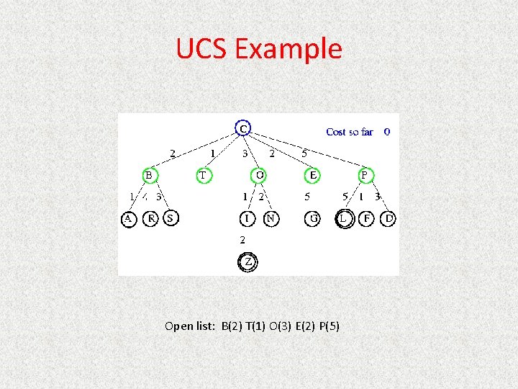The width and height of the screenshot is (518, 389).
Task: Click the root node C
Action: (x=244, y=129)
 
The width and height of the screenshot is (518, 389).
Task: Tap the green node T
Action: (x=204, y=175)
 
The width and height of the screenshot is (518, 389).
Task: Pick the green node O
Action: (x=260, y=175)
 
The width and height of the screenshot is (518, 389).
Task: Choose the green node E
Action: (x=313, y=175)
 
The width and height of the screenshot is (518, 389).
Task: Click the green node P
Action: (x=365, y=175)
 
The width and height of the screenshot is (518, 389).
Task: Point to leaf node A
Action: (x=129, y=218)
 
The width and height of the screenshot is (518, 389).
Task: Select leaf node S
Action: (x=171, y=218)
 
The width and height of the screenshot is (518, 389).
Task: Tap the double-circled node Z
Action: (x=248, y=263)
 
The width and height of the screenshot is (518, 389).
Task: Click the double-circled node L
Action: (x=345, y=218)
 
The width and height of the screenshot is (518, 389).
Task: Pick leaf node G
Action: (x=312, y=218)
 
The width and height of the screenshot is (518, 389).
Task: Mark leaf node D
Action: (x=388, y=218)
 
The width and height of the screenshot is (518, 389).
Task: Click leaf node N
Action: (x=271, y=218)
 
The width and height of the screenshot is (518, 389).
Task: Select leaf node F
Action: (x=367, y=218)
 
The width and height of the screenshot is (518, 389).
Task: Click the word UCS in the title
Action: (x=202, y=49)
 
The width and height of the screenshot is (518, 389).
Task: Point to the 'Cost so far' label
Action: (x=350, y=132)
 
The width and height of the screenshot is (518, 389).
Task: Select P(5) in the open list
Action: (x=329, y=326)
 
